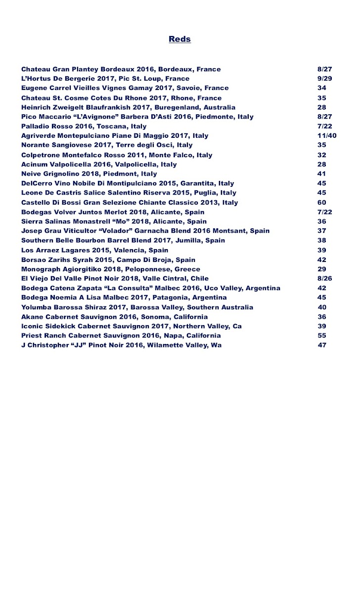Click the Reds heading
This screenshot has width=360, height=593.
pyautogui.click(x=180, y=39)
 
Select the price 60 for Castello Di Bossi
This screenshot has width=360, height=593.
pyautogui.click(x=322, y=203)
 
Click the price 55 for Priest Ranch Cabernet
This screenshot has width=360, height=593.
pyautogui.click(x=322, y=336)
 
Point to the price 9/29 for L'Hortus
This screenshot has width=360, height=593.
pyautogui.click(x=324, y=79)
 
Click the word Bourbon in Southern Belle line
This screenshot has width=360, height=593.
pyautogui.click(x=85, y=241)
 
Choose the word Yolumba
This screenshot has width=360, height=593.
pyautogui.click(x=38, y=307)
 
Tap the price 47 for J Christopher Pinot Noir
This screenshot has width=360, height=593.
pyautogui.click(x=322, y=345)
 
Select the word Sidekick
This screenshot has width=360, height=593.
pyautogui.click(x=62, y=327)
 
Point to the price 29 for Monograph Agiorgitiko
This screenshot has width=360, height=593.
pyautogui.click(x=322, y=269)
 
